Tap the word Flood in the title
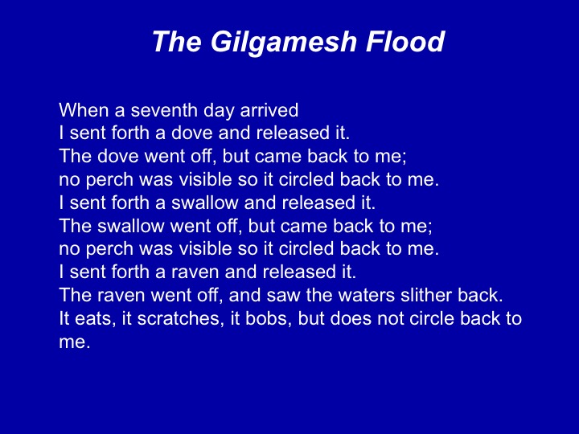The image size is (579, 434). point(405,41)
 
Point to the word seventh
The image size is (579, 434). point(164,110)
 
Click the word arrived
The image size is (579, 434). point(269,110)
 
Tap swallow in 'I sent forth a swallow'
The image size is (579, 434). point(205,203)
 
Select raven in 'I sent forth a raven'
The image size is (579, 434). point(195,272)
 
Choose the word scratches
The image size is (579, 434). point(181,318)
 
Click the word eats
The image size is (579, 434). point(93,319)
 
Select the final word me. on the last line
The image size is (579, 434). point(75,342)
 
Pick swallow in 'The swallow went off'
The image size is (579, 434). point(131,226)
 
